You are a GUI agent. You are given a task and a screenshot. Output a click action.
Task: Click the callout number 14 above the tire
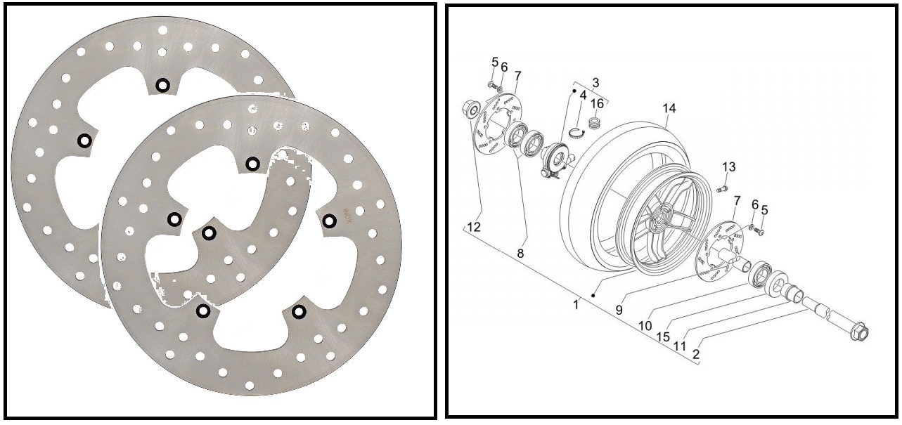click(669, 108)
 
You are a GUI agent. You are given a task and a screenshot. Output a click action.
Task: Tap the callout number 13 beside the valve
click(729, 166)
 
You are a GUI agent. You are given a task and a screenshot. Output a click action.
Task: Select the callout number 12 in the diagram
click(475, 227)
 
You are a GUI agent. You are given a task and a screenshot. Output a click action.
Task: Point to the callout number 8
click(520, 254)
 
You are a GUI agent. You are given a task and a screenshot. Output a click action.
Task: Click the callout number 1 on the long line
click(576, 305)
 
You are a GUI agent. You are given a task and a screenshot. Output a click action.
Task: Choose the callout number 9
click(619, 310)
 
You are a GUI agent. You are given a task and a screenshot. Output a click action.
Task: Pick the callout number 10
click(645, 325)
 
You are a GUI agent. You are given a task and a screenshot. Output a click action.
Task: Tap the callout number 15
click(663, 336)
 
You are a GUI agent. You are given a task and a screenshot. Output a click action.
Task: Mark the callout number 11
click(679, 346)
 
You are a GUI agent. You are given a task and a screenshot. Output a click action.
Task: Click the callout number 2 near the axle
click(696, 354)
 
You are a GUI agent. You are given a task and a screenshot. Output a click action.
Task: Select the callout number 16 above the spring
click(597, 104)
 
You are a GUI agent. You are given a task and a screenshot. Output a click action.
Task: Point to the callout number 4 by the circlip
click(583, 96)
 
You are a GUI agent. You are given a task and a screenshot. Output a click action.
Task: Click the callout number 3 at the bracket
click(596, 82)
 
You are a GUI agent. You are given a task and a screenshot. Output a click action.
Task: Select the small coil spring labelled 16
click(593, 122)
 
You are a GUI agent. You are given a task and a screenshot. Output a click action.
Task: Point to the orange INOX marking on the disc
click(347, 216)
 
